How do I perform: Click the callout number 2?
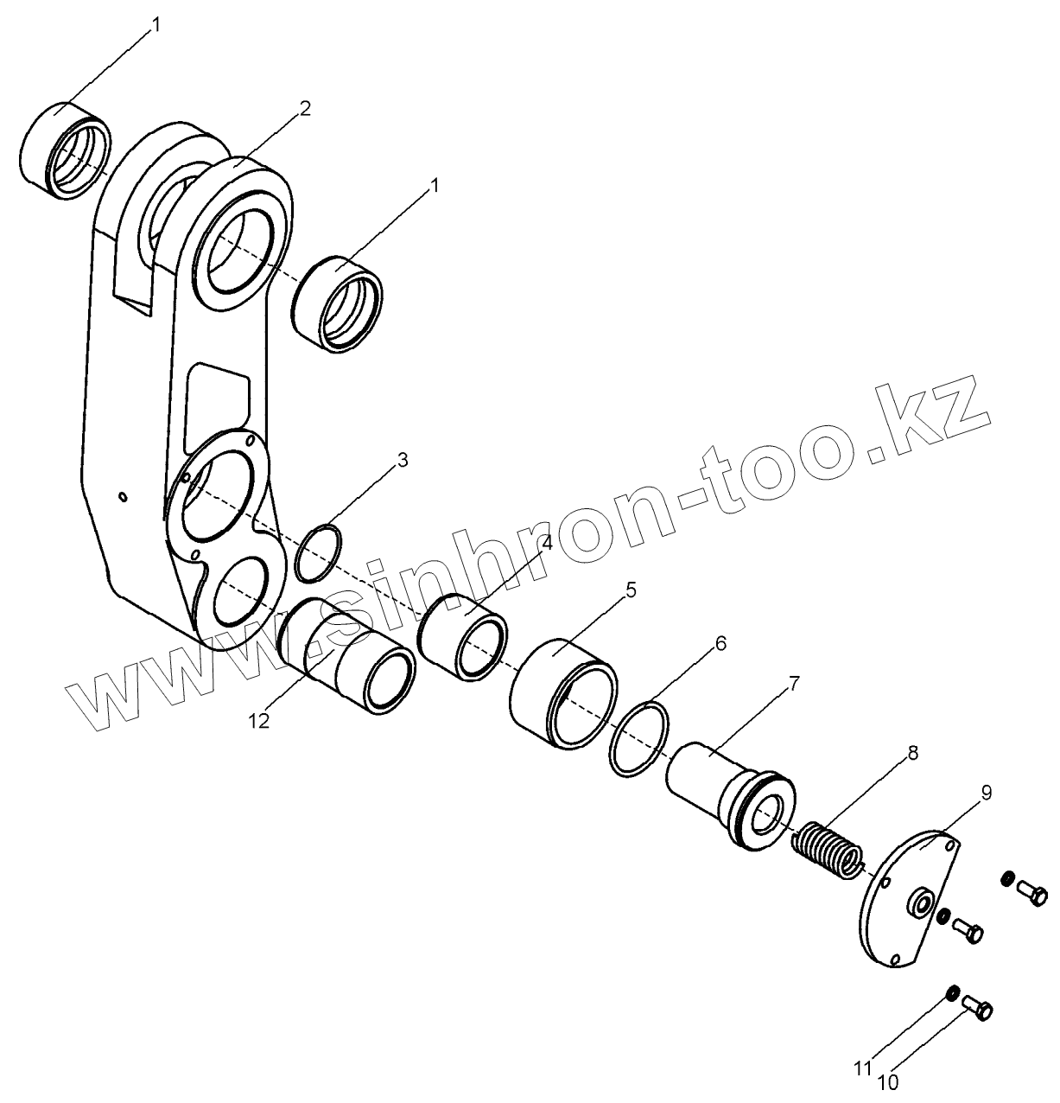[x=304, y=108]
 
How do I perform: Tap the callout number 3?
[x=403, y=460]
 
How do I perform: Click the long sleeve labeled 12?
[x=346, y=654]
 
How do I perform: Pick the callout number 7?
[x=794, y=684]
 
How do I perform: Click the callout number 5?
[x=631, y=590]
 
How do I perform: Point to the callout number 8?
[x=913, y=753]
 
